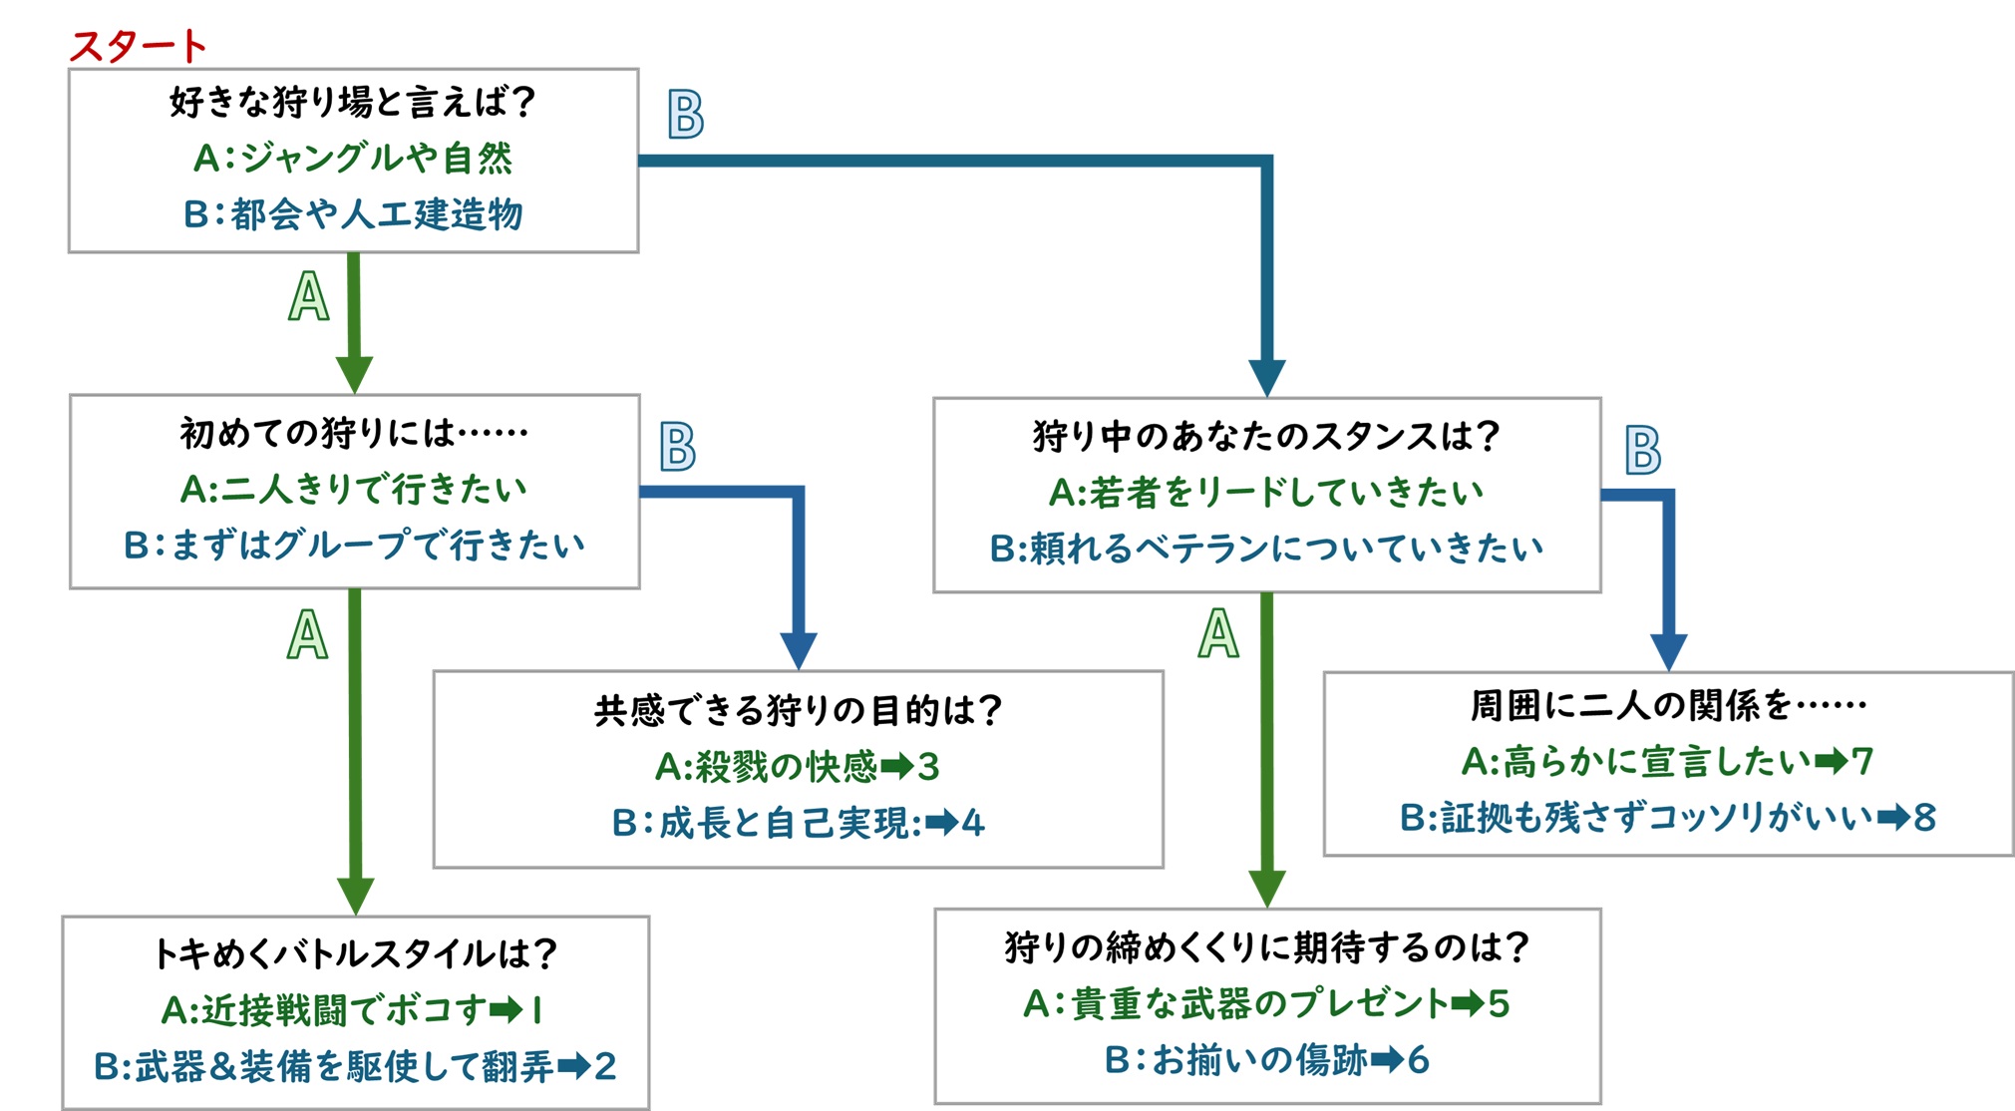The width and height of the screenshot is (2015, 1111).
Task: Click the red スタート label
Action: click(139, 47)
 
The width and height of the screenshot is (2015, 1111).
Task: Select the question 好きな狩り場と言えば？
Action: click(353, 102)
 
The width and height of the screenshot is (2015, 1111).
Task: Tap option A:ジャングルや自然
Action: click(353, 158)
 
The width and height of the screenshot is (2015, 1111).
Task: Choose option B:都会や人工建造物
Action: click(353, 213)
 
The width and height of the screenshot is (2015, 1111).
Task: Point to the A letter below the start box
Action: click(308, 297)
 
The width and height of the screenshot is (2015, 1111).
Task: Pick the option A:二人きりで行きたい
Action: click(353, 489)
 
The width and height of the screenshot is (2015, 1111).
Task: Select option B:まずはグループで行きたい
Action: click(354, 545)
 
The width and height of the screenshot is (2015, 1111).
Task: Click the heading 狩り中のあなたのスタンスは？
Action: click(1266, 436)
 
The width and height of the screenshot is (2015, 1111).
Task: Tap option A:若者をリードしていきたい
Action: click(1266, 492)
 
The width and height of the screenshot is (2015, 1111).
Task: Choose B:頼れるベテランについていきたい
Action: click(1266, 548)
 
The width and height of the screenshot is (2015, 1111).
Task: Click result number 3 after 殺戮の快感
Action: click(928, 767)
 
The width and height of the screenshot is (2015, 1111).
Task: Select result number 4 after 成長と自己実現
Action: click(973, 823)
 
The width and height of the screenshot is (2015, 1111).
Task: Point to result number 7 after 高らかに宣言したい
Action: click(1862, 762)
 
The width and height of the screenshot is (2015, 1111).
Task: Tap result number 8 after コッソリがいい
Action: click(1924, 818)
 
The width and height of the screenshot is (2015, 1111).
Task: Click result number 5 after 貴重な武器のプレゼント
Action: click(1499, 1003)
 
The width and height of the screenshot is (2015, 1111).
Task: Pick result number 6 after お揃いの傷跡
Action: click(1418, 1059)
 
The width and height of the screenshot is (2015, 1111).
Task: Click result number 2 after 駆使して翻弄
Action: click(604, 1066)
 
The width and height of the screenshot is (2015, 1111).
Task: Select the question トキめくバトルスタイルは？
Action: click(354, 954)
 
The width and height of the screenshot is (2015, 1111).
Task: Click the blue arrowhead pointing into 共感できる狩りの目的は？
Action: click(799, 650)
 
